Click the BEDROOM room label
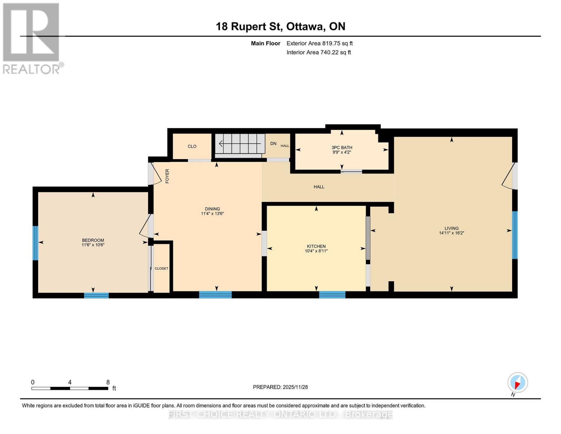tap(93, 240)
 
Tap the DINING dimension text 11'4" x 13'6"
tap(212, 214)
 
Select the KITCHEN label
tap(316, 246)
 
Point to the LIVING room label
tap(451, 228)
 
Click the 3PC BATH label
tap(342, 148)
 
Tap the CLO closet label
tap(192, 146)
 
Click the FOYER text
tap(167, 176)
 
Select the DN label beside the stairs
tap(273, 144)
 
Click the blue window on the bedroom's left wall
tap(35, 243)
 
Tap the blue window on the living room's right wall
tap(515, 235)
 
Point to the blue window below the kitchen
tap(332, 295)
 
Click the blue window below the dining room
tap(215, 295)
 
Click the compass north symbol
tap(518, 383)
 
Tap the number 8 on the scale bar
tap(108, 382)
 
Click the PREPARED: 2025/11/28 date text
tap(280, 387)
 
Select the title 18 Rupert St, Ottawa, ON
tap(280, 26)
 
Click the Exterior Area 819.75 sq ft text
tap(319, 43)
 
